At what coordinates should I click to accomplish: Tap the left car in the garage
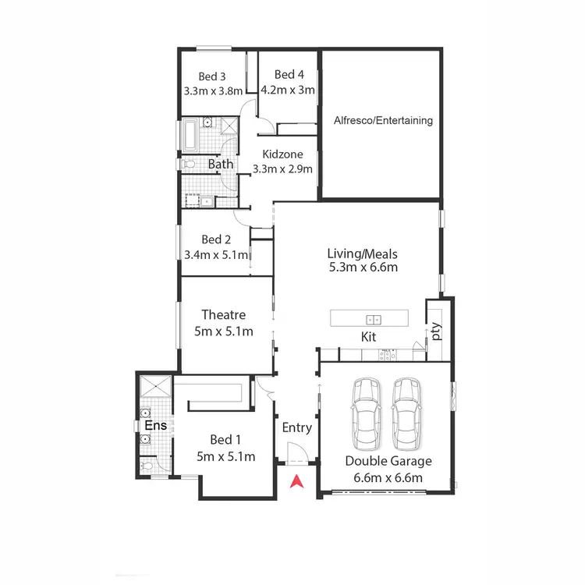(x=365, y=413)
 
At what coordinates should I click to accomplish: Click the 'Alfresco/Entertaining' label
(x=383, y=121)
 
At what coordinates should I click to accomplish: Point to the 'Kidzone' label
(x=282, y=154)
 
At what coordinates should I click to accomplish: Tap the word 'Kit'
(x=369, y=337)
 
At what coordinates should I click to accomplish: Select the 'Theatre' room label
(x=224, y=315)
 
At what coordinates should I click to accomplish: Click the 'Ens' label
(x=154, y=425)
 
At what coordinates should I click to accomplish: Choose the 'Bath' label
(x=220, y=165)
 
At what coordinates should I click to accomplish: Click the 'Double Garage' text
(x=388, y=461)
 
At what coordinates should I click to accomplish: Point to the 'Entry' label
(x=296, y=427)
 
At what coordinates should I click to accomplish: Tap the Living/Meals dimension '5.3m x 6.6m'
(x=363, y=268)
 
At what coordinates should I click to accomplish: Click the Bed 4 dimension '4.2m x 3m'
(x=288, y=90)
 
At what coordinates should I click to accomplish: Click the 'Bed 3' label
(x=212, y=76)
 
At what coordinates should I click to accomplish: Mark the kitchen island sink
(x=374, y=318)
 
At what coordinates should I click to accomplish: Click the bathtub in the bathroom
(x=190, y=134)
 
